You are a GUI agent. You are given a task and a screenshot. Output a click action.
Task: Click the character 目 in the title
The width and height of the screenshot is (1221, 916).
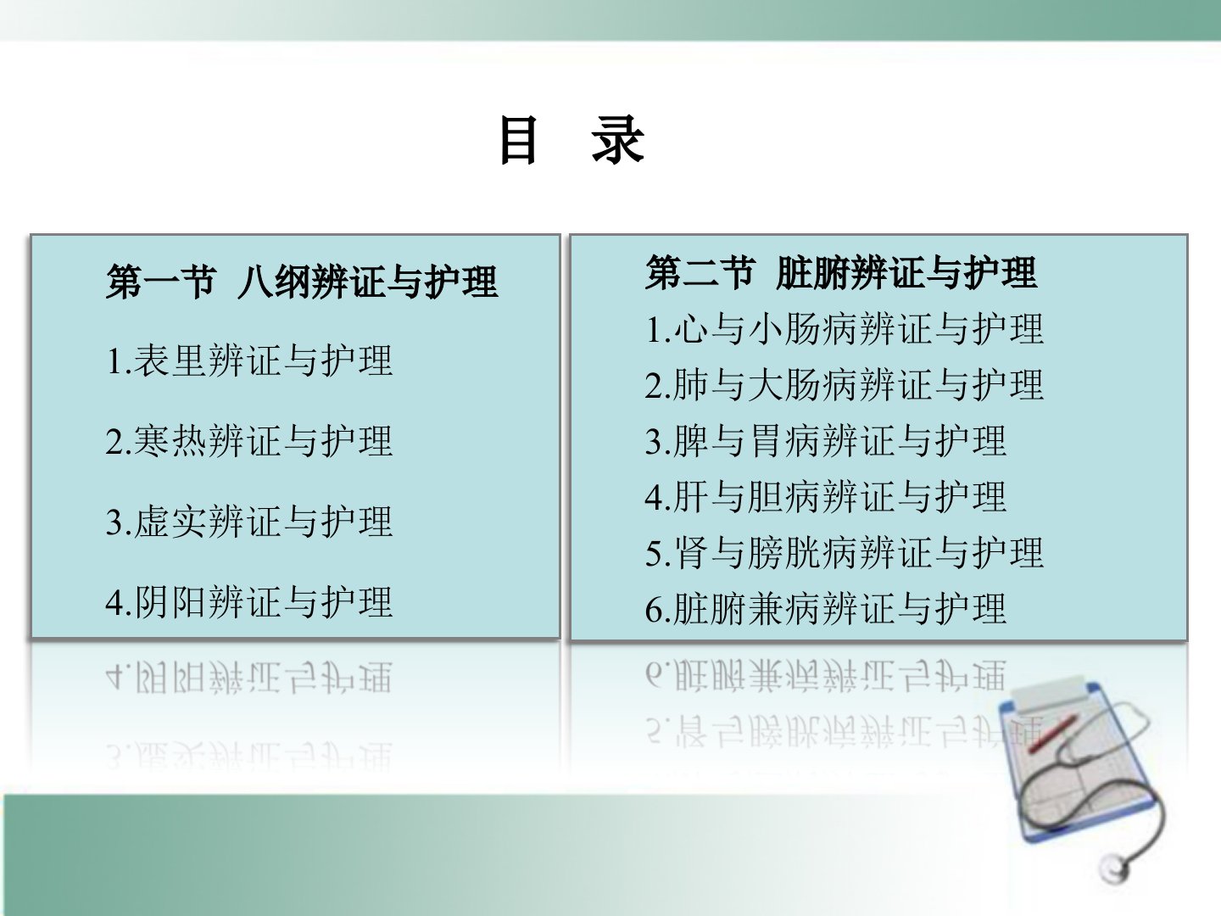click(518, 140)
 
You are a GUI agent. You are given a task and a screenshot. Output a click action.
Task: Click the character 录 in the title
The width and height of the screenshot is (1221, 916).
click(618, 140)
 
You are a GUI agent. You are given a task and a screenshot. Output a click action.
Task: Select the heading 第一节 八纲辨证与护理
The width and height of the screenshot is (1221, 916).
click(302, 282)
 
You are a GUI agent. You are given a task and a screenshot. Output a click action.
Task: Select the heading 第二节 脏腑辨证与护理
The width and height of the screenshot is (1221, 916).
click(841, 272)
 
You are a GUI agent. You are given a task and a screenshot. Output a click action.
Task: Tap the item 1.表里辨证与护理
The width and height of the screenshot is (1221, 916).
click(249, 361)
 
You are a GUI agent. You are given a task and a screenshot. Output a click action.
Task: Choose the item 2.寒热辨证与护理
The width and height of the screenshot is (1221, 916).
click(249, 442)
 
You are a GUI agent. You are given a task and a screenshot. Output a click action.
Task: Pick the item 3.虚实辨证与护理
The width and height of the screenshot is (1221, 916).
click(249, 522)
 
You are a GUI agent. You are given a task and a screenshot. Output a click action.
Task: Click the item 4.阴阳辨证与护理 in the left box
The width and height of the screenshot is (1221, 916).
click(249, 603)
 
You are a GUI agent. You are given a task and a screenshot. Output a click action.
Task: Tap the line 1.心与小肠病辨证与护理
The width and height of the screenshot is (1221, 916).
click(844, 329)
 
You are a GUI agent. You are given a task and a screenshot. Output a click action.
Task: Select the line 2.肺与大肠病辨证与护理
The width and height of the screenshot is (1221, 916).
click(844, 385)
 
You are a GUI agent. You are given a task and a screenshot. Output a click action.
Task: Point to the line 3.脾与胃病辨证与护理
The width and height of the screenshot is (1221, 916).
click(826, 441)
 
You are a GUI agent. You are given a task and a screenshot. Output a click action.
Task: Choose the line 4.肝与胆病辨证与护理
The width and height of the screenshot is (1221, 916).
click(826, 497)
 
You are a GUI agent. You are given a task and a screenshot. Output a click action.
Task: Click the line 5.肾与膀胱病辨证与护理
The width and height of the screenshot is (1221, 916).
click(844, 553)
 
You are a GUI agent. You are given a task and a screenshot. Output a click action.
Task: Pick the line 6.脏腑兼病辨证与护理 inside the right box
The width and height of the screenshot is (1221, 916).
click(826, 609)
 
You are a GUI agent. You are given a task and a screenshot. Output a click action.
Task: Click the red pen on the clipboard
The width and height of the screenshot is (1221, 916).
click(1053, 734)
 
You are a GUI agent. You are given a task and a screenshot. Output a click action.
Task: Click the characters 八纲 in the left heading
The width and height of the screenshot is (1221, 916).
click(273, 282)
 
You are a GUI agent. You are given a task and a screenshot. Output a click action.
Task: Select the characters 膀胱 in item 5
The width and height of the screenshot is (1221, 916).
click(783, 553)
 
